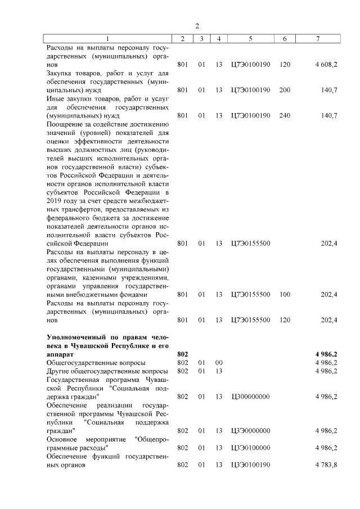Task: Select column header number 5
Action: (x=250, y=38)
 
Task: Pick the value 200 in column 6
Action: (x=285, y=90)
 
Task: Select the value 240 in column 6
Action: (x=285, y=115)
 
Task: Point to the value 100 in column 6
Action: (x=285, y=294)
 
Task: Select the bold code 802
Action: (x=182, y=354)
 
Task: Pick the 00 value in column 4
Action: (x=219, y=363)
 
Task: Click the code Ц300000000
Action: (x=250, y=397)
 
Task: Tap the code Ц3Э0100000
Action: (x=250, y=448)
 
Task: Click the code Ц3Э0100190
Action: (x=250, y=465)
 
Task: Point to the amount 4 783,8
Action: (x=326, y=465)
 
